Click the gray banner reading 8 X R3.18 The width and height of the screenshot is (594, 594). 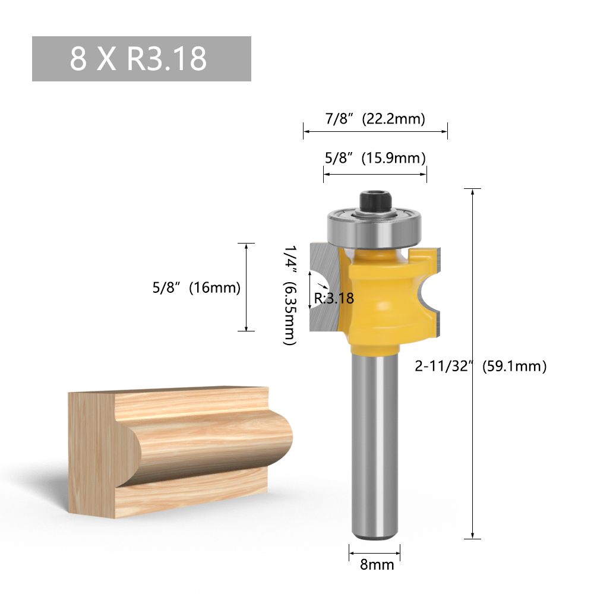(x=141, y=59)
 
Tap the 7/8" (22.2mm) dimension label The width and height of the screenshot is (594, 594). (x=375, y=119)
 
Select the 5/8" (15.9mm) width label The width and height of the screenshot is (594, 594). (x=375, y=159)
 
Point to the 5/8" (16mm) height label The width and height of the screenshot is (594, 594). (x=196, y=288)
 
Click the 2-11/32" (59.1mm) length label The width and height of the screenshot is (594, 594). (x=480, y=366)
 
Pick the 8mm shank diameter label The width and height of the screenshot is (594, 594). (x=377, y=564)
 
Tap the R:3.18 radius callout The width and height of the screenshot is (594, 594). (x=334, y=298)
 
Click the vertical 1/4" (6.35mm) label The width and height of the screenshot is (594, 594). (x=289, y=296)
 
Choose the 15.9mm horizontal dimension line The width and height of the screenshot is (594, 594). (x=375, y=174)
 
